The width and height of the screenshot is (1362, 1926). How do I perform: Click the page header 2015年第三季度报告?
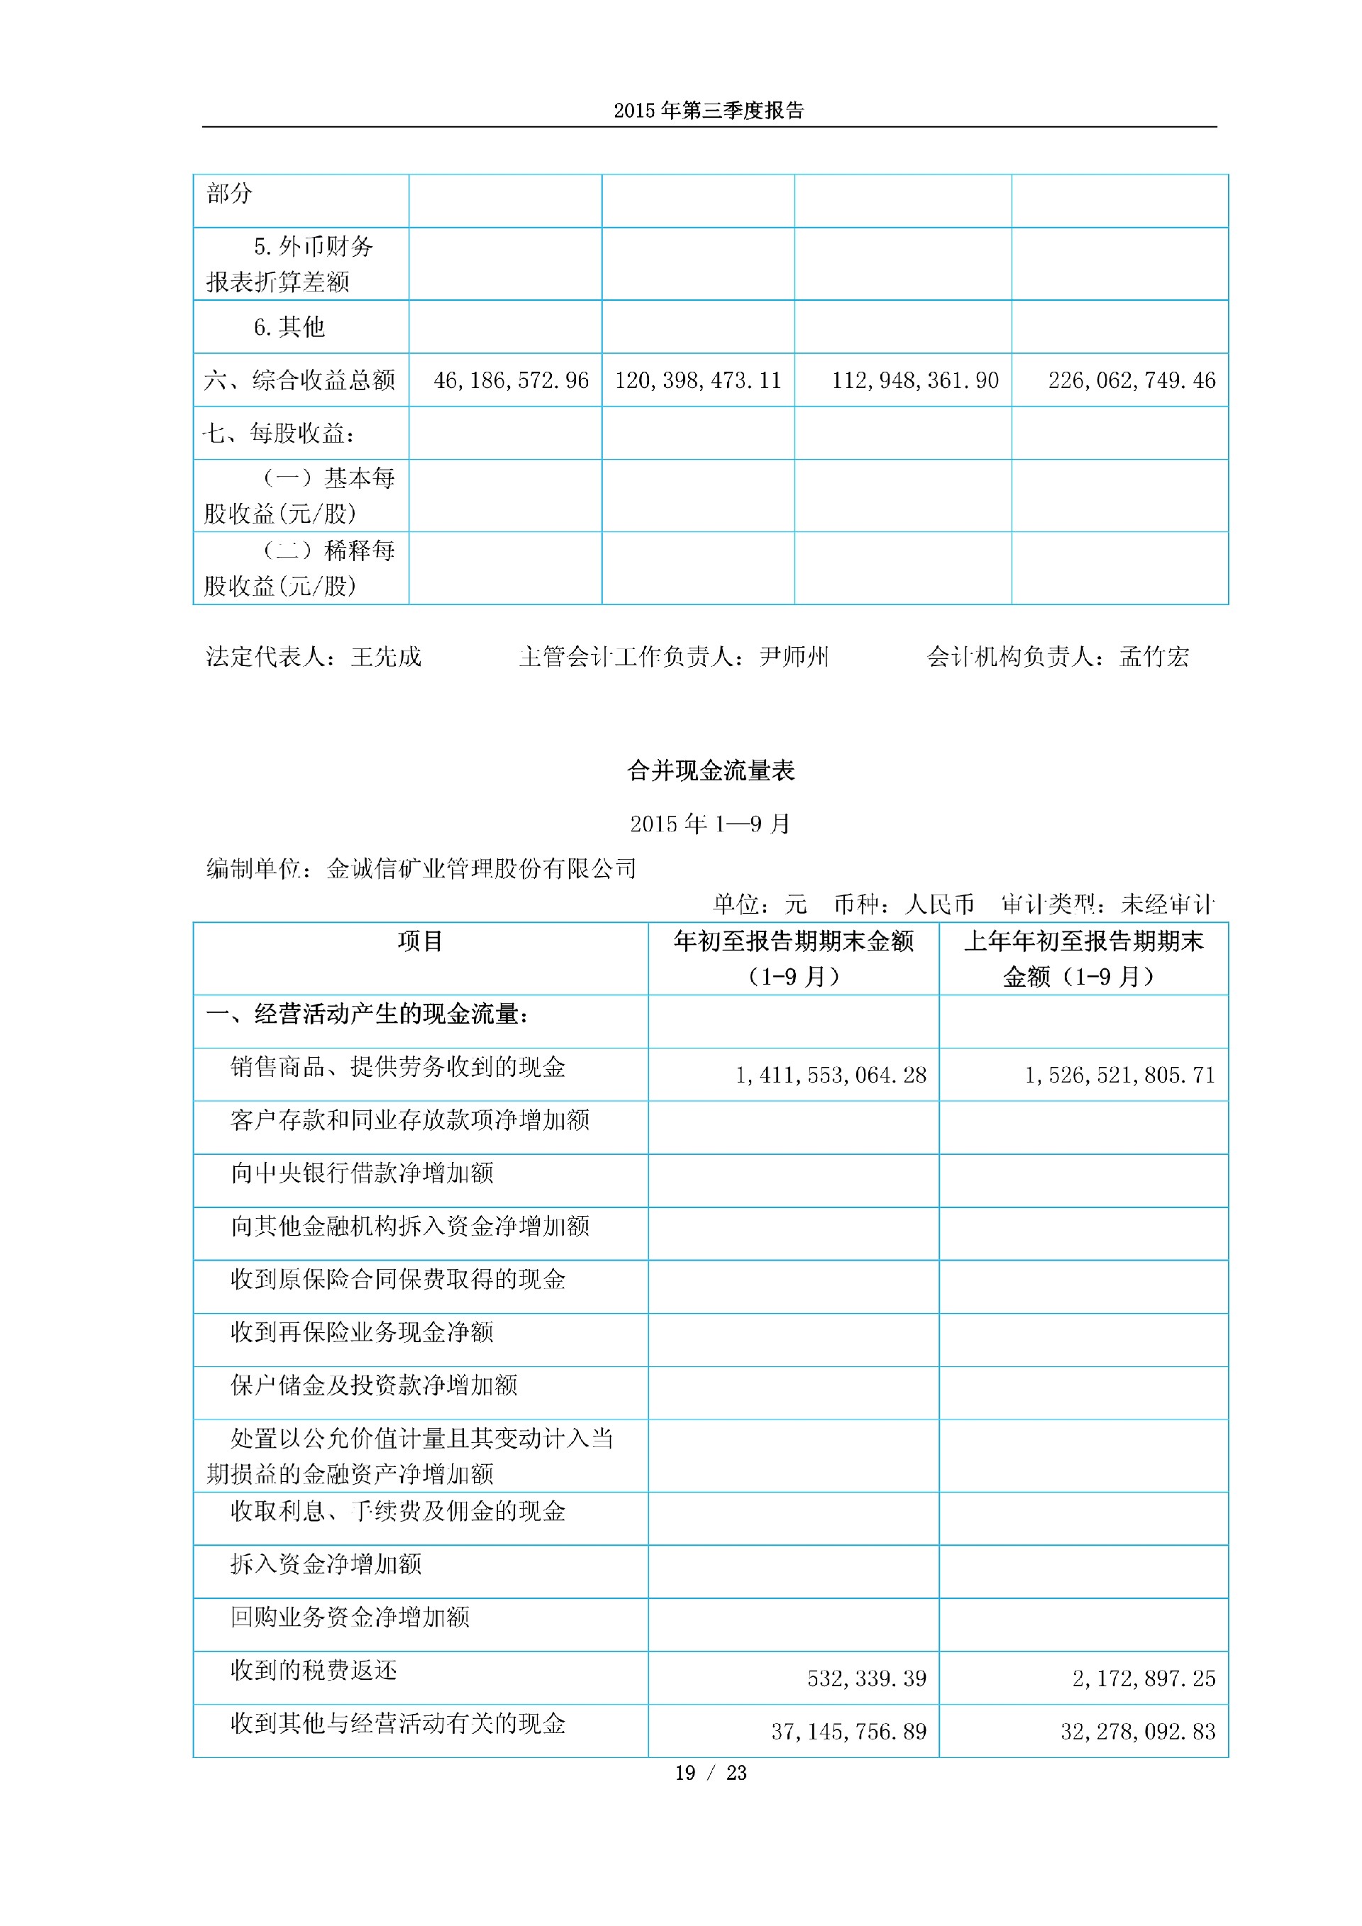(709, 111)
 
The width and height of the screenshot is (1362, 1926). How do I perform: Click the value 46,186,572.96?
(511, 381)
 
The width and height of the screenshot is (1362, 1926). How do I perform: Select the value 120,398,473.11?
(698, 381)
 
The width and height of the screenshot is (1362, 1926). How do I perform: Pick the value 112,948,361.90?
(915, 381)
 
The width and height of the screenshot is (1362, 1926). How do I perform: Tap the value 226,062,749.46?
(1131, 381)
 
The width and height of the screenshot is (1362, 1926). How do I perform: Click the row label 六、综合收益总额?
(299, 381)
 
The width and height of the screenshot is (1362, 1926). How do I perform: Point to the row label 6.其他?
(289, 327)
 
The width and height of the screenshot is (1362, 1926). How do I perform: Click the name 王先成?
(386, 657)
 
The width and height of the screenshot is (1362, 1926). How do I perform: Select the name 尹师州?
(793, 657)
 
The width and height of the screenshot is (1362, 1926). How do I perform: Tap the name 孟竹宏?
(1154, 657)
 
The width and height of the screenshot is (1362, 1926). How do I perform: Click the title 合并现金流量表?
(710, 771)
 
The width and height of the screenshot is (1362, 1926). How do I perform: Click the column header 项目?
(420, 942)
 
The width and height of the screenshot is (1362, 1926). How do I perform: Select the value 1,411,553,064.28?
(830, 1075)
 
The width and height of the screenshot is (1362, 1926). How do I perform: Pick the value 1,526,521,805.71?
(1119, 1075)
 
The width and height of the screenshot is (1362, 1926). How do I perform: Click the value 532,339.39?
(866, 1678)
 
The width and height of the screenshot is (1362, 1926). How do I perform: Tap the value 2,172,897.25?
(1143, 1678)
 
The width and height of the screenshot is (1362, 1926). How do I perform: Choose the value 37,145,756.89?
(848, 1732)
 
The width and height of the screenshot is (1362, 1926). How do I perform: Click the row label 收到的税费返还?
(314, 1670)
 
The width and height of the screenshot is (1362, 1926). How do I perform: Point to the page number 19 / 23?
(710, 1773)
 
